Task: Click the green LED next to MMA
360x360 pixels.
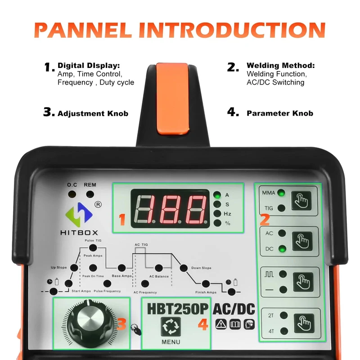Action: (x=281, y=193)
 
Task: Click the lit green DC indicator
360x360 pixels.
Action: (x=282, y=249)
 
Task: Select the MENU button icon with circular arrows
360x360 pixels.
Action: (x=171, y=327)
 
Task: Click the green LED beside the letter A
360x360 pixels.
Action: (x=217, y=195)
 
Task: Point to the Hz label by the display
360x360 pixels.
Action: (x=227, y=214)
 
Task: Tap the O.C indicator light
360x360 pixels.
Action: (x=72, y=194)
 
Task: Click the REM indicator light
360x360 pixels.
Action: (x=90, y=194)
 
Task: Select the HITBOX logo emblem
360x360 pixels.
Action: (x=79, y=215)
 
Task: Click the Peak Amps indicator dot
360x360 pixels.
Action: (x=93, y=248)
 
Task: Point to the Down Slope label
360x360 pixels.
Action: (x=201, y=268)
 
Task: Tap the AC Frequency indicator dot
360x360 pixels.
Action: (x=145, y=284)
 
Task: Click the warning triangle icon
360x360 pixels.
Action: (x=221, y=324)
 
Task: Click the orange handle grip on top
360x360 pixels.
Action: (x=173, y=99)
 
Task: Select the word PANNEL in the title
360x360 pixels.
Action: (x=83, y=30)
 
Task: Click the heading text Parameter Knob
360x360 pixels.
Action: (x=280, y=113)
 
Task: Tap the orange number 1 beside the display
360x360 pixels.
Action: (x=122, y=219)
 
